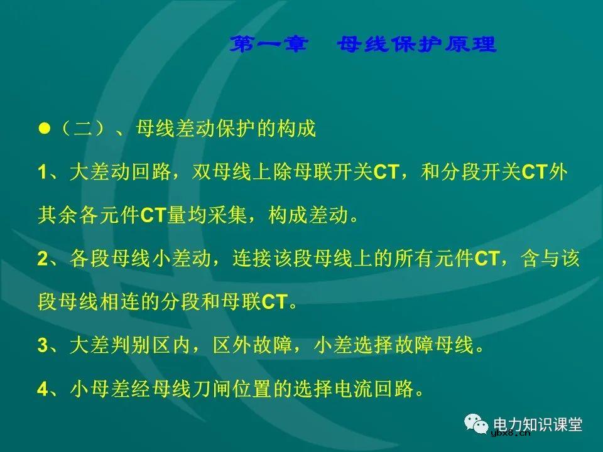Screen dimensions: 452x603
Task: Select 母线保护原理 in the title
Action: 416,45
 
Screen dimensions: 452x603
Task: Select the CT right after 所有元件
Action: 486,259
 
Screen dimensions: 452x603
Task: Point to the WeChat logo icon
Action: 477,424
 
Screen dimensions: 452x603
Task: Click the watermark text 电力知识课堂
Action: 538,424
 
